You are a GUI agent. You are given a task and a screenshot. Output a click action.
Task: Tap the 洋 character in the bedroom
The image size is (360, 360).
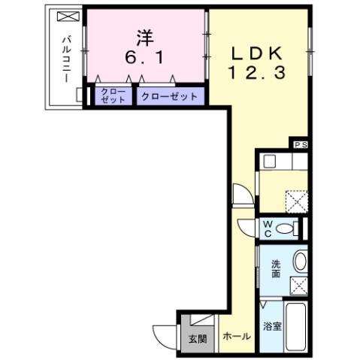tap(145, 36)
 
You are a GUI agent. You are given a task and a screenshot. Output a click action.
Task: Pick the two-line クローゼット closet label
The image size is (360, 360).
tap(113, 97)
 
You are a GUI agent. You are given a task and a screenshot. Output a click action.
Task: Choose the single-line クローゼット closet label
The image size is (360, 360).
tap(169, 97)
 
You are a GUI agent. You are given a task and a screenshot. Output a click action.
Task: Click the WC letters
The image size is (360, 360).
tap(268, 228)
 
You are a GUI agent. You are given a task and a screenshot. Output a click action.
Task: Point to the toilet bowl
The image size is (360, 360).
tap(286, 228)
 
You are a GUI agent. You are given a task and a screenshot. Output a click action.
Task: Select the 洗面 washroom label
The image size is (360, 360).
tap(277, 268)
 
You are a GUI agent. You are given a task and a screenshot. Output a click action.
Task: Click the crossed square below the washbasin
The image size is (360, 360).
tap(299, 286)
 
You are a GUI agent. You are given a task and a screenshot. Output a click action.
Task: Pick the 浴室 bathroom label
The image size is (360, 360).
tap(271, 327)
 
